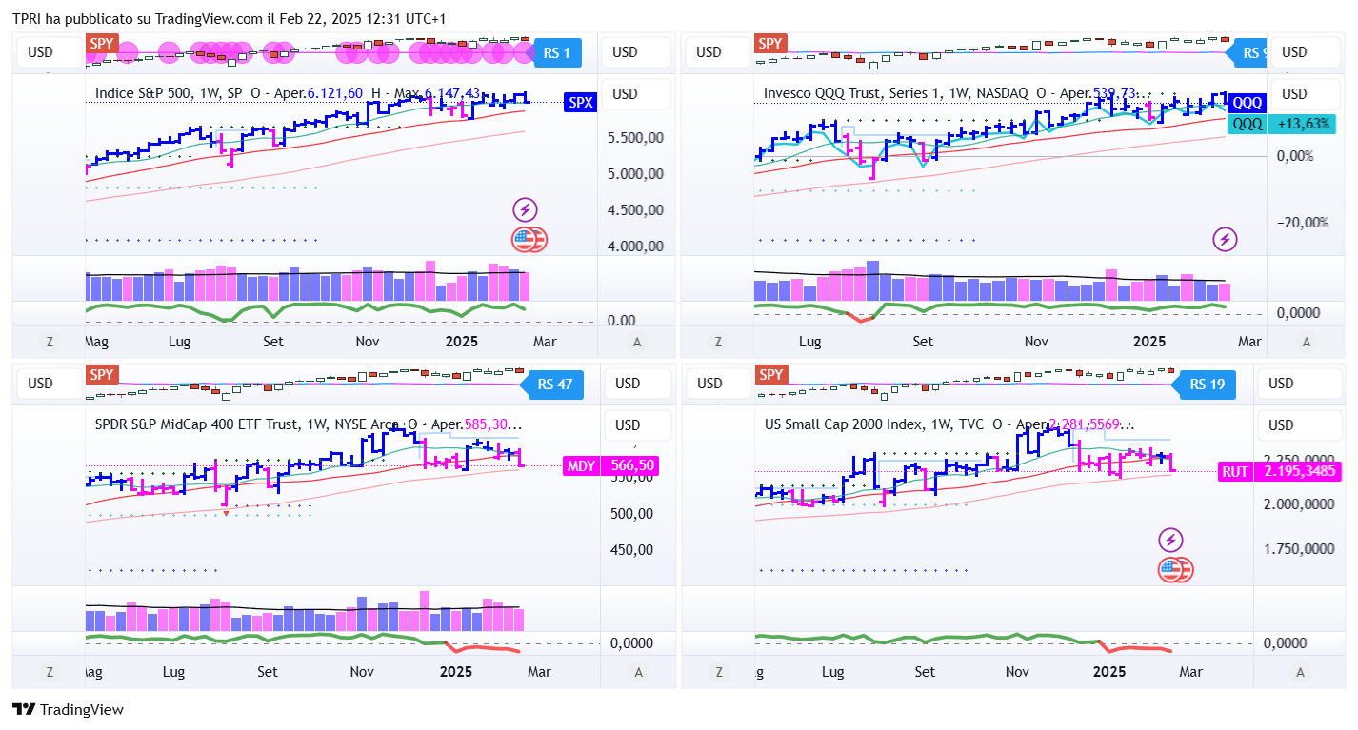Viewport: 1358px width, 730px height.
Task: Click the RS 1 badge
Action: pyautogui.click(x=557, y=53)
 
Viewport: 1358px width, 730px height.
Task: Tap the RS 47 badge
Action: pyautogui.click(x=555, y=385)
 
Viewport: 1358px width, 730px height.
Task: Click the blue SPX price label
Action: pyautogui.click(x=580, y=102)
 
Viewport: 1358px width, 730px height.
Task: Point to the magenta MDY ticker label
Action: pyautogui.click(x=582, y=465)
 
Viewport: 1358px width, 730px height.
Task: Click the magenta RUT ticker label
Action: pyautogui.click(x=1236, y=471)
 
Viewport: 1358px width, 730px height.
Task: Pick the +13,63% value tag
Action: pyautogui.click(x=1303, y=124)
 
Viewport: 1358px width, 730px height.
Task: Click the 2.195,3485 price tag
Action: pyautogui.click(x=1300, y=471)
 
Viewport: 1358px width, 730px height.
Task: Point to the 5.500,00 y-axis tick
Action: pyautogui.click(x=635, y=138)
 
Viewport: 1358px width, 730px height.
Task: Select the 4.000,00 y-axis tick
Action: pyautogui.click(x=635, y=247)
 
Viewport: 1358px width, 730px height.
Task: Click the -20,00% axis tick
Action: pyautogui.click(x=1302, y=223)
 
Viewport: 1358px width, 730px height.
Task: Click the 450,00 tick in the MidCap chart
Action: pyautogui.click(x=631, y=549)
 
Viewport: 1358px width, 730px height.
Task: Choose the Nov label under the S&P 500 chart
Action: pyautogui.click(x=369, y=341)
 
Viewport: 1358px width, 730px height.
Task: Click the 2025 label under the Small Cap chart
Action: pyautogui.click(x=1110, y=672)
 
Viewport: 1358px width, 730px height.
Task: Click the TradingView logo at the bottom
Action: pyautogui.click(x=68, y=709)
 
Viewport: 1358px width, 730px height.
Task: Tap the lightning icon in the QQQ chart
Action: pyautogui.click(x=1225, y=239)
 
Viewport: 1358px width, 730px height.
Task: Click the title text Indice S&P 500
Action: pyautogui.click(x=140, y=93)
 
